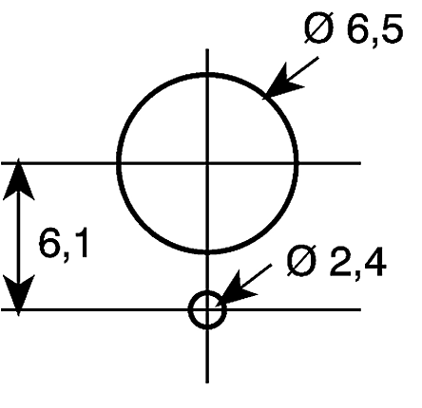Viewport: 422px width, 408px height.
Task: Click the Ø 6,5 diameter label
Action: click(x=353, y=29)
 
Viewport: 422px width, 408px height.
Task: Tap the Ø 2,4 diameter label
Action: click(x=336, y=262)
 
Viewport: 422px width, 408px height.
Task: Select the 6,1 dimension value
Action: click(x=63, y=244)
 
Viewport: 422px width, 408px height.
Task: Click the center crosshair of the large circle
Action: click(x=207, y=163)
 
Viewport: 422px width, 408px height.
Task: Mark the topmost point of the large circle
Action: click(x=207, y=75)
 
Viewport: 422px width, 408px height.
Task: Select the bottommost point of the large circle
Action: click(x=207, y=251)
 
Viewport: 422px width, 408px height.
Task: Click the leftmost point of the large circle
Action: click(x=119, y=163)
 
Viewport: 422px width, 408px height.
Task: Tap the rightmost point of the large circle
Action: click(x=296, y=163)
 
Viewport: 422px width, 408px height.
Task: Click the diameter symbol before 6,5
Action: click(x=319, y=28)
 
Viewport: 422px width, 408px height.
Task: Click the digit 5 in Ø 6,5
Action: click(x=392, y=29)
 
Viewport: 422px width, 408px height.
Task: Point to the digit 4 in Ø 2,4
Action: click(x=375, y=262)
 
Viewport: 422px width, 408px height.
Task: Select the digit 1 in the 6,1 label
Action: click(x=81, y=242)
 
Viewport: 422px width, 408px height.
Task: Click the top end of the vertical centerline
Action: click(x=207, y=49)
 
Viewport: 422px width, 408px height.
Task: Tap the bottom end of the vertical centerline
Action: click(x=207, y=382)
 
